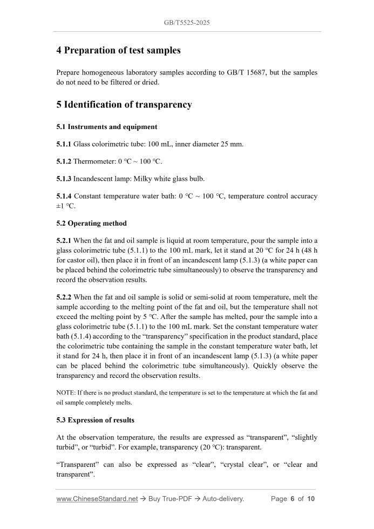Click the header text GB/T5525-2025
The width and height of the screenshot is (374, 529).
[187, 23]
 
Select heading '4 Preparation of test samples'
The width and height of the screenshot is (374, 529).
[118, 51]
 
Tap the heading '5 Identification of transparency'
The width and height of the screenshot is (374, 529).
[124, 105]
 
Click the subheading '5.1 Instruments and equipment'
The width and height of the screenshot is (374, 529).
[107, 127]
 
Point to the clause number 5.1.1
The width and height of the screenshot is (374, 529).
[64, 144]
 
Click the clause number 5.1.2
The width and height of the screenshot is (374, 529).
[64, 161]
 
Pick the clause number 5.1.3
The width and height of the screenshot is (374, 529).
[64, 179]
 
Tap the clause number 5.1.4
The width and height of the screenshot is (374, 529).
[64, 196]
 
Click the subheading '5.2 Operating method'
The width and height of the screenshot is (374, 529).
[92, 223]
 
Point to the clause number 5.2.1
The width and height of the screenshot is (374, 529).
[64, 240]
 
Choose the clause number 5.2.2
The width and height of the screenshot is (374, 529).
[64, 297]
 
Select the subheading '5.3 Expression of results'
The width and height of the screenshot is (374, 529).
[96, 420]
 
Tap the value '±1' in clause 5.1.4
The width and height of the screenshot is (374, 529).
[61, 206]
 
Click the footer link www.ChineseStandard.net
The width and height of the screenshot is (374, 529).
[97, 499]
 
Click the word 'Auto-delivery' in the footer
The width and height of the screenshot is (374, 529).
[223, 499]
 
